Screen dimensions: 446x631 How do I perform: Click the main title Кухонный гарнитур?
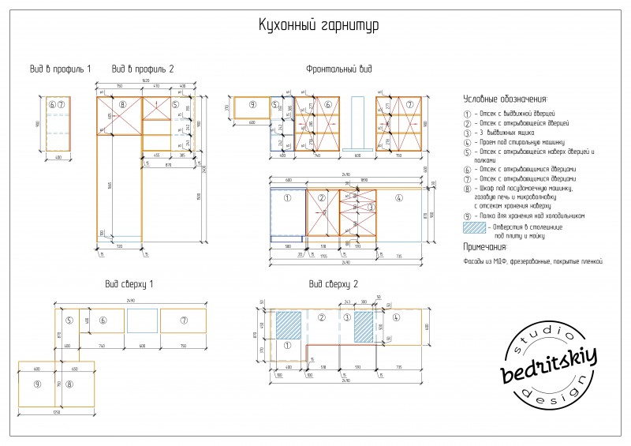(x=319, y=26)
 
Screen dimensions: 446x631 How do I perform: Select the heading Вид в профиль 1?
(x=60, y=69)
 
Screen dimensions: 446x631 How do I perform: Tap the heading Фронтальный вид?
(x=338, y=69)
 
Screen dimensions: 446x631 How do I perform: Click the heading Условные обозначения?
(x=505, y=99)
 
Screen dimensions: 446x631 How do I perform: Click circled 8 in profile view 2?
(x=122, y=104)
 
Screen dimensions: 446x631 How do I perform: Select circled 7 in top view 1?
(x=183, y=320)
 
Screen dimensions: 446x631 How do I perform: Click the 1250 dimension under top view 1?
(x=56, y=413)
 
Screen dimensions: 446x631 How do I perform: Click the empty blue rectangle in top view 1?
(x=142, y=320)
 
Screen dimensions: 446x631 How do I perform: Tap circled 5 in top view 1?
(x=69, y=320)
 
